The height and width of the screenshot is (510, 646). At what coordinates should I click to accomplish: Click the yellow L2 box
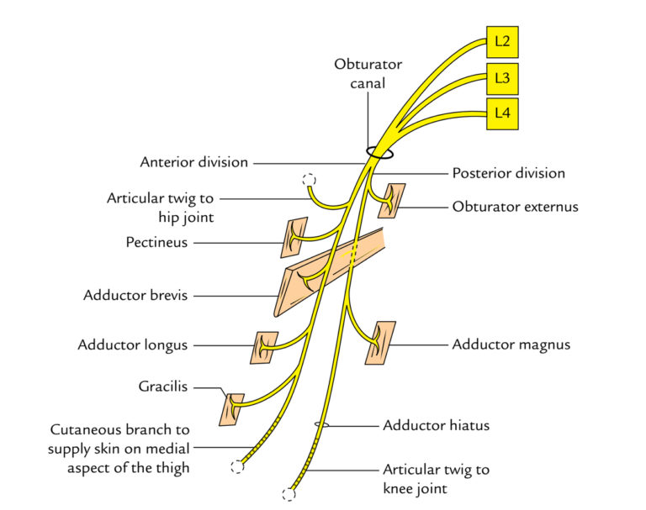502,39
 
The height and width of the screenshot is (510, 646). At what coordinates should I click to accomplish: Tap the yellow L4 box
502,113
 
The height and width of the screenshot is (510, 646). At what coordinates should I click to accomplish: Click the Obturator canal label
368,73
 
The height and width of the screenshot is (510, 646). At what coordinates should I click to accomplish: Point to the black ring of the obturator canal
379,154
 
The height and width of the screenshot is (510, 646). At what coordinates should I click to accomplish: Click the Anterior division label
194,162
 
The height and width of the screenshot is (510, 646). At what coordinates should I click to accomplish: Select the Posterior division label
508,173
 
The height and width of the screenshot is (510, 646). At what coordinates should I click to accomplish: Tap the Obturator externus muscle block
391,201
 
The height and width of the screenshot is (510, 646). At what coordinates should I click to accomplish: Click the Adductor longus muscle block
264,347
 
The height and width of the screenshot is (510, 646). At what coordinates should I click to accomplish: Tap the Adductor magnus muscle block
379,342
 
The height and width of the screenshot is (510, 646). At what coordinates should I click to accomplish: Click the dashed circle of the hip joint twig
309,180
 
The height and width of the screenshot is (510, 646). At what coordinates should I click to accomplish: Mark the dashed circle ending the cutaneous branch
238,467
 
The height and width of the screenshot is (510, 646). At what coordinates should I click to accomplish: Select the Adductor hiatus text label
436,425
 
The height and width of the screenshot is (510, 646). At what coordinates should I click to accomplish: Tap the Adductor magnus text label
511,344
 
